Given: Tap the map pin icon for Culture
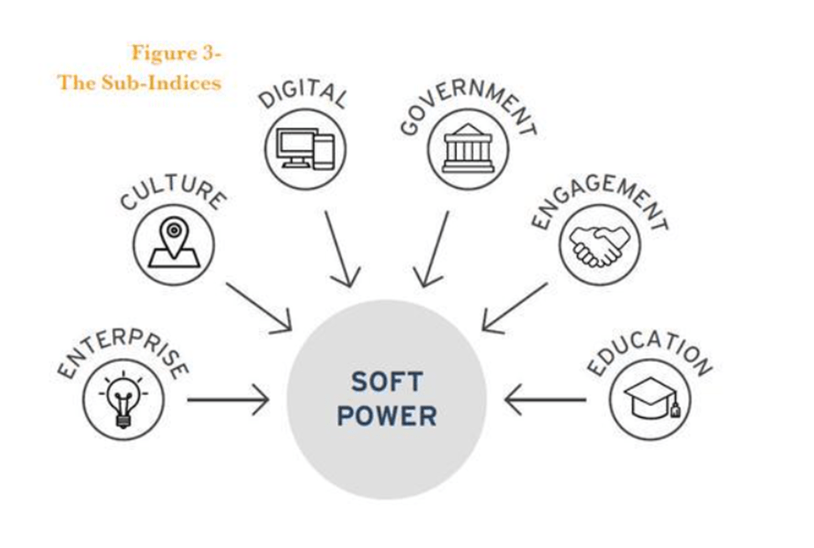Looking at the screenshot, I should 174,244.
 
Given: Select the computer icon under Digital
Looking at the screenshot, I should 305,149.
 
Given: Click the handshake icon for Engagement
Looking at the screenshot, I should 600,244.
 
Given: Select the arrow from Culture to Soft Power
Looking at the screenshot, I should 258,307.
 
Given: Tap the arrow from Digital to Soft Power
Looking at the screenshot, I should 341,249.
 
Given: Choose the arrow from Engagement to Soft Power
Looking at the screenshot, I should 515,306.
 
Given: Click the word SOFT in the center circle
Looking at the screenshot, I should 387,382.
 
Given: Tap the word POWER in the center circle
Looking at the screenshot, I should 387,416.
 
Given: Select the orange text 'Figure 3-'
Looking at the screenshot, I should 176,53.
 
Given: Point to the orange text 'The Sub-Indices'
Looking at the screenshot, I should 139,83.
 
